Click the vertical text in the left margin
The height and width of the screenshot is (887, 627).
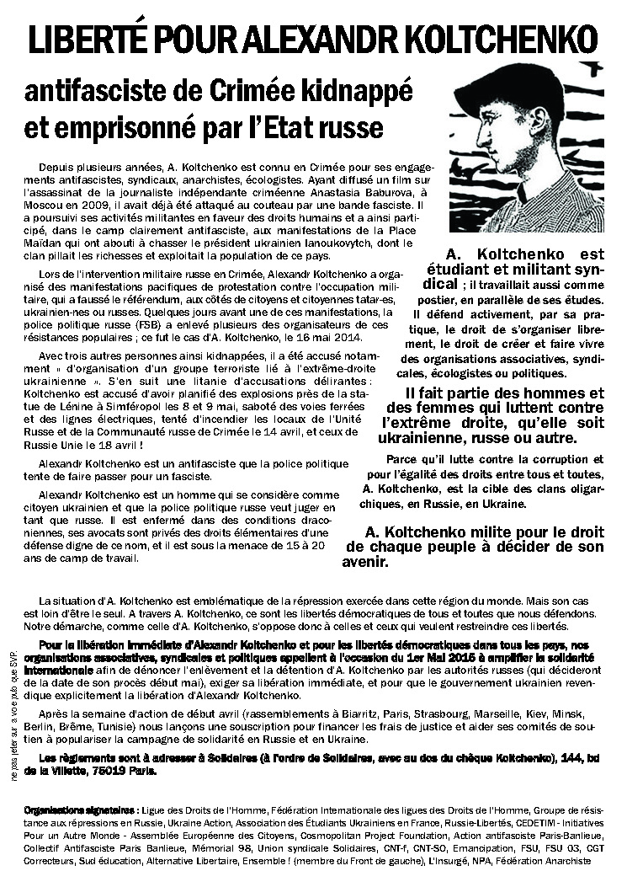click(13, 719)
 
